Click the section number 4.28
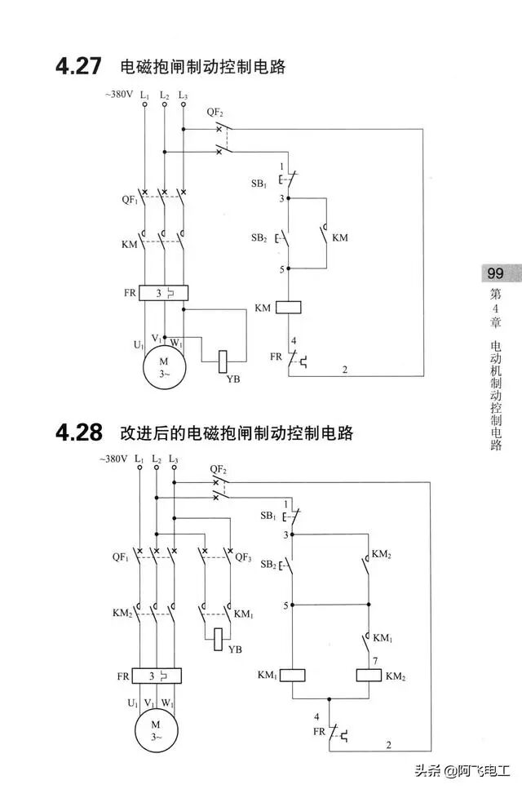click(x=80, y=432)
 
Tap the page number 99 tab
click(x=493, y=273)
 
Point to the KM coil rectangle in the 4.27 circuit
click(x=290, y=308)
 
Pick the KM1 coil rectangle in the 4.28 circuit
click(x=292, y=676)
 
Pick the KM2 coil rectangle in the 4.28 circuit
click(x=369, y=676)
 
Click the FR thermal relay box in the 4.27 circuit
click(x=163, y=292)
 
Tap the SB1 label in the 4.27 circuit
click(x=259, y=184)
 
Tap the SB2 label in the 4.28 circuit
click(x=268, y=565)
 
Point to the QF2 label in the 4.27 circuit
click(x=215, y=112)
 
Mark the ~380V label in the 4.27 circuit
click(x=118, y=95)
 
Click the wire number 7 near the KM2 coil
click(x=375, y=659)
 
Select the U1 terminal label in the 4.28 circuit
click(x=133, y=703)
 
